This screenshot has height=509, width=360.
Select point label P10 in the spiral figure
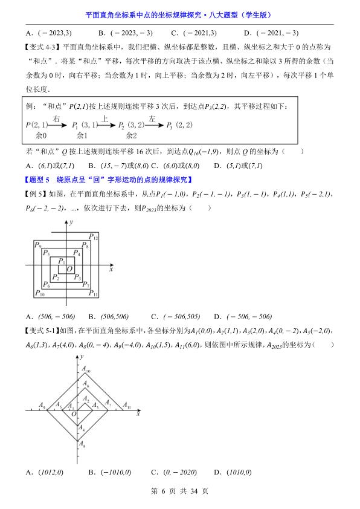tap(40, 294)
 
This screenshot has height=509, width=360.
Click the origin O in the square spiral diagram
tap(69, 268)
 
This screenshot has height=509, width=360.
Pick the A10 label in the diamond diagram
tap(88, 371)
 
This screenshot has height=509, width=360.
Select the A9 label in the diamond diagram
tap(42, 406)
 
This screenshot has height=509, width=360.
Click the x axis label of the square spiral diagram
tap(111, 271)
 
